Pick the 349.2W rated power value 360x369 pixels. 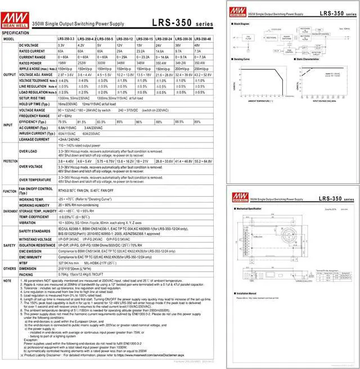[183, 63]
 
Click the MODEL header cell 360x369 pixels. [9, 39]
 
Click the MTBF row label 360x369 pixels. [24, 262]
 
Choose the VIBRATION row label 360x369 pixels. [28, 222]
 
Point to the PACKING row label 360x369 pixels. [26, 274]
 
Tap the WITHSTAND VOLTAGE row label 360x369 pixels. [37, 238]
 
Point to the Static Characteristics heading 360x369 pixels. [307, 58]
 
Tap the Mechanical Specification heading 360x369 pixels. [249, 208]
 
